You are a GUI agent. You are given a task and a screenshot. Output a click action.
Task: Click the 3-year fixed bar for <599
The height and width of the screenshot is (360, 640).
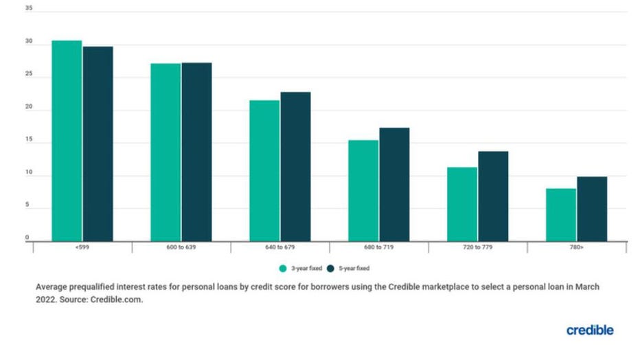tap(67, 141)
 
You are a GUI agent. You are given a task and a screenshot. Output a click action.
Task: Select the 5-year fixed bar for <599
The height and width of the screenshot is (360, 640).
tap(98, 144)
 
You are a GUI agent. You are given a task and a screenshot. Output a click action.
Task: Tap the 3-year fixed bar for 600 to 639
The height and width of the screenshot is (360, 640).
tap(165, 152)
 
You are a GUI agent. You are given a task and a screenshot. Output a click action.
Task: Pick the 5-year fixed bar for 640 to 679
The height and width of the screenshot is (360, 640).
tap(295, 166)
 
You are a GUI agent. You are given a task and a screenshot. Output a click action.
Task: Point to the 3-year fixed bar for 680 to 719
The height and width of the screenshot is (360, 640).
tap(363, 190)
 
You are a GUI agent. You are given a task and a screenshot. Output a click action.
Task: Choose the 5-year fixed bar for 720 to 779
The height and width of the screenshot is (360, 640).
tap(493, 196)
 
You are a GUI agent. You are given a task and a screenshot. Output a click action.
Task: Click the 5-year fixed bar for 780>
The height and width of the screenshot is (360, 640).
tap(592, 209)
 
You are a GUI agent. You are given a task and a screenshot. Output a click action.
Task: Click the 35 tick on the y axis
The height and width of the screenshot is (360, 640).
tap(28, 9)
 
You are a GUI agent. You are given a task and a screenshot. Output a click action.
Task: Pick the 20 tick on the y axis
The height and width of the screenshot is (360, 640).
tap(28, 107)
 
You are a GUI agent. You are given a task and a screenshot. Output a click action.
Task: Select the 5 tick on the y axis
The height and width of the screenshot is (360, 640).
tap(28, 205)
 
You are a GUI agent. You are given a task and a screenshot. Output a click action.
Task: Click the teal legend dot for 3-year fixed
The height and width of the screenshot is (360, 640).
tap(282, 269)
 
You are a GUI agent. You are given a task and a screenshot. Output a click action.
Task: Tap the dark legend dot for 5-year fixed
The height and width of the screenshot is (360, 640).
tap(330, 269)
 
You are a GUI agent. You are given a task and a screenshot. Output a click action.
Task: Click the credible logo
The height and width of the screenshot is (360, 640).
tap(590, 330)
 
